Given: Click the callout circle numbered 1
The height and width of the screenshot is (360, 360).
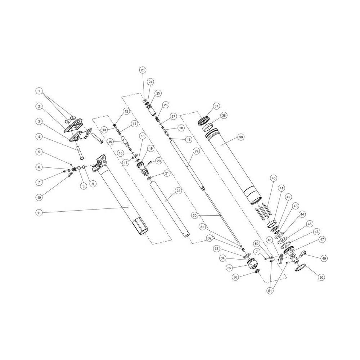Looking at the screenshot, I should click(x=39, y=91).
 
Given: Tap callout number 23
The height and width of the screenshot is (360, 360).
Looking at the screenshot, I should click(x=143, y=70).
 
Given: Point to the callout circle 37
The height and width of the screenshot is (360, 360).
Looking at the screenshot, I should click(x=216, y=106).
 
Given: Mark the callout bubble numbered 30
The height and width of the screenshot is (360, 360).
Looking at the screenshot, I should click(x=194, y=215).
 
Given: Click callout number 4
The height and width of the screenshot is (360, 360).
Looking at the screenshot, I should click(x=39, y=137).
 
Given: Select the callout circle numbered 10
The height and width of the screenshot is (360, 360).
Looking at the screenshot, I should click(x=39, y=197).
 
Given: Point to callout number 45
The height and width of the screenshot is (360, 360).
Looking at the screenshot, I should click(x=309, y=224).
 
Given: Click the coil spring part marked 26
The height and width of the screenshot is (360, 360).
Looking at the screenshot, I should click(x=157, y=118).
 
